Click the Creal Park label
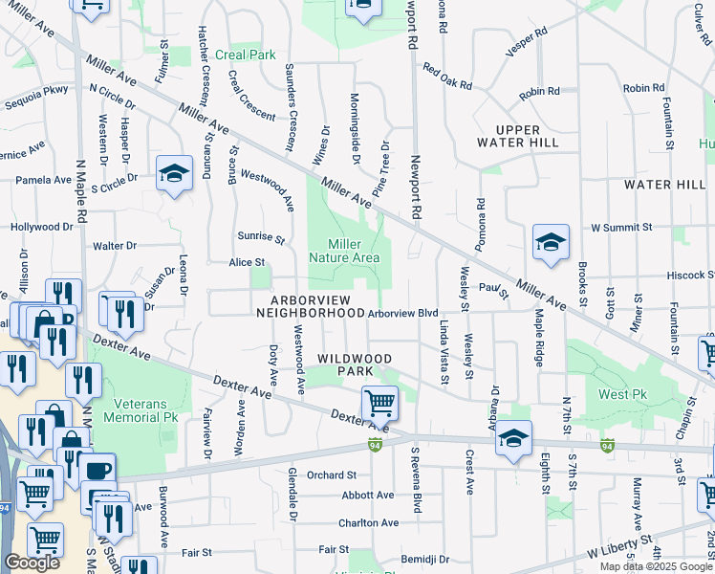(x=246, y=55)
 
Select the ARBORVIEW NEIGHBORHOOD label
(x=310, y=306)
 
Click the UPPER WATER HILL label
(x=517, y=136)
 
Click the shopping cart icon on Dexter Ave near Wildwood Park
(x=380, y=405)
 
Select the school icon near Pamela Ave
(x=174, y=174)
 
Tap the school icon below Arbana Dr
(x=514, y=439)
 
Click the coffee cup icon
(x=98, y=472)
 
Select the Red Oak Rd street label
(x=447, y=77)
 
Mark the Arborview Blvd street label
(x=402, y=313)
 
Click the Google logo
(x=32, y=563)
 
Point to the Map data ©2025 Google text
(x=655, y=566)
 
